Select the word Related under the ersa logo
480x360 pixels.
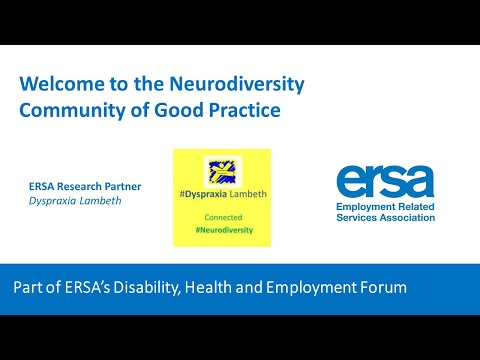pos(412,205)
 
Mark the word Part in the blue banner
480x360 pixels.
pos(29,288)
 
